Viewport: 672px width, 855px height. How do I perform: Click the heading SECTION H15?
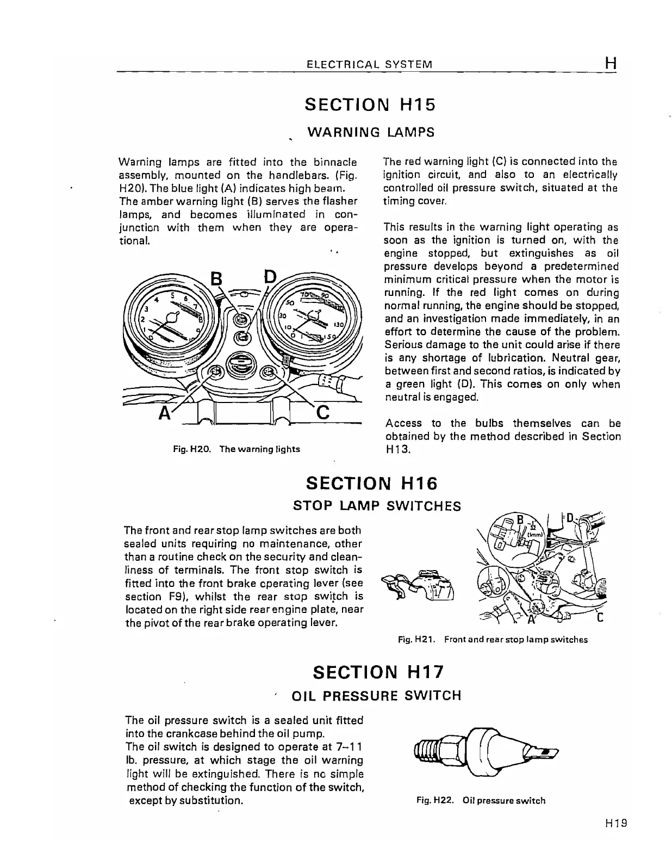click(x=370, y=104)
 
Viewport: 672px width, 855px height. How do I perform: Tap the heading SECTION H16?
click(x=372, y=483)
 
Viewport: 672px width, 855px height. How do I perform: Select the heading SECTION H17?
click(x=378, y=672)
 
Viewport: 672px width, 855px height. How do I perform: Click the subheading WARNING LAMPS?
click(x=371, y=132)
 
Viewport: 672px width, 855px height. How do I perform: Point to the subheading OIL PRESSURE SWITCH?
click(x=376, y=696)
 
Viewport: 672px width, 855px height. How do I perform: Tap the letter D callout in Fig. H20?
click(x=269, y=277)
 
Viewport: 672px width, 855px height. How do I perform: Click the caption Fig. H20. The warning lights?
click(x=236, y=449)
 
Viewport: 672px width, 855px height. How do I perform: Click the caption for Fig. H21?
click(x=493, y=640)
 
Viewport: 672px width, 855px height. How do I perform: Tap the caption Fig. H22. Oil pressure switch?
click(x=481, y=800)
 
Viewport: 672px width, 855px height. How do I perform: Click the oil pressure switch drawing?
click(x=486, y=753)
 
